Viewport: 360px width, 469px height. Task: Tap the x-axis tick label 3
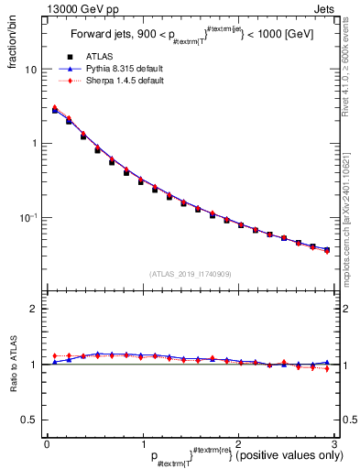point(334,442)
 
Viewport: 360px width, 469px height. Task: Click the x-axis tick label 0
point(47,442)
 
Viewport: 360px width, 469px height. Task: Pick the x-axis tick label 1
point(143,442)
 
